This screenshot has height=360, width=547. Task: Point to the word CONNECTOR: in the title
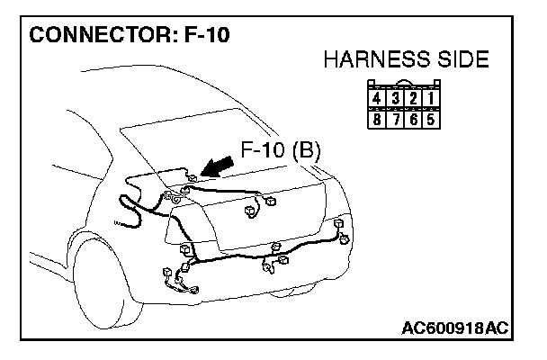pos(95,35)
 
